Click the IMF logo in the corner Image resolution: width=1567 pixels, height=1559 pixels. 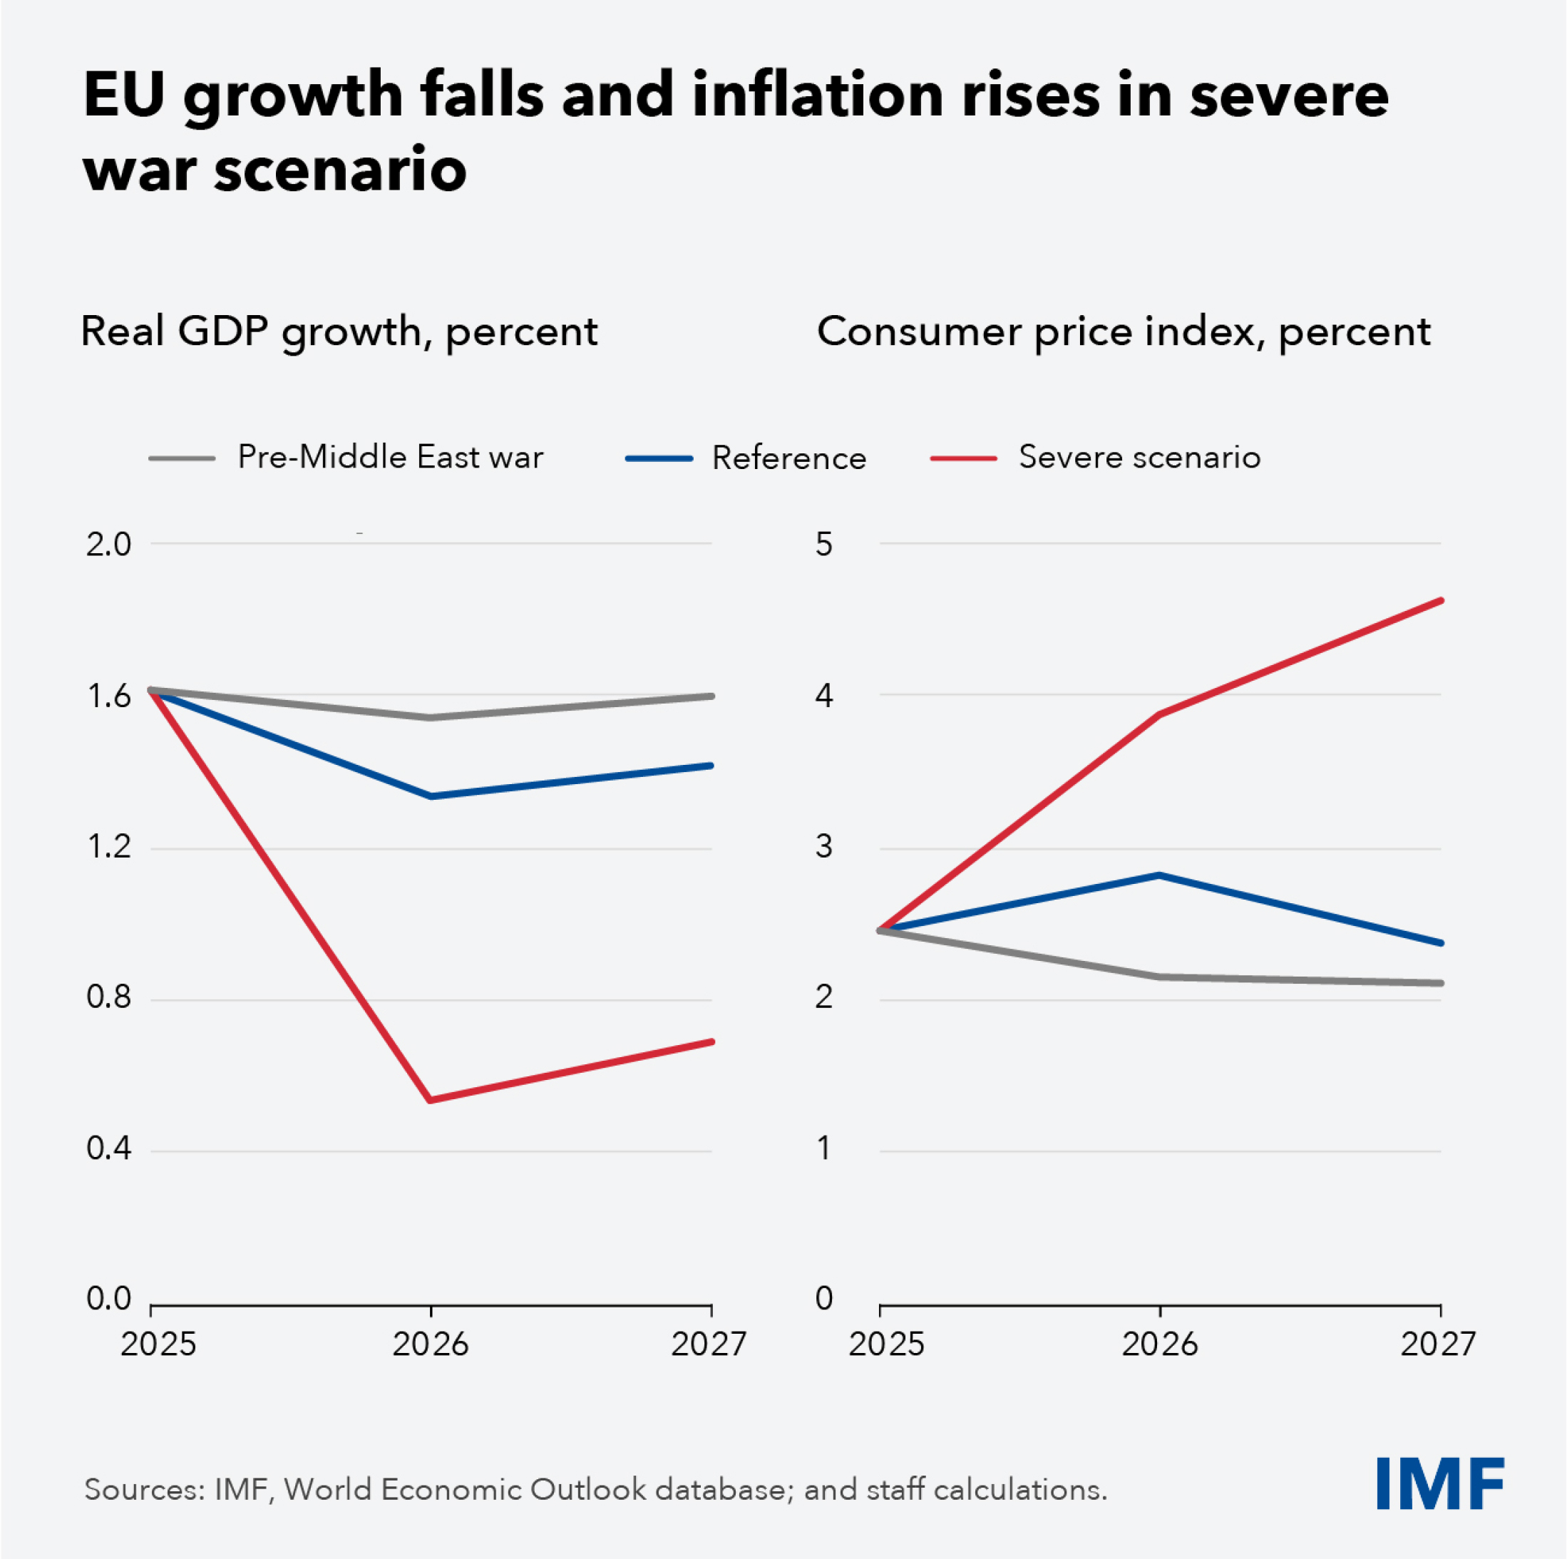coord(1439,1483)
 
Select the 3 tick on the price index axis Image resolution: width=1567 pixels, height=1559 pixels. coord(824,846)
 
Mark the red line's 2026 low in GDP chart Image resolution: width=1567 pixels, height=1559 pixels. coord(430,1100)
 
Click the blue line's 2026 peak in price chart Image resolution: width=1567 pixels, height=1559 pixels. coord(1160,875)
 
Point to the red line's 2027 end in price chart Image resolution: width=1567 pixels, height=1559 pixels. coord(1441,601)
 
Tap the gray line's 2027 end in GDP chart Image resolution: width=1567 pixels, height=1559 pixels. coord(711,696)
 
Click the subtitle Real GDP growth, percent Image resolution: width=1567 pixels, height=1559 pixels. coord(339,331)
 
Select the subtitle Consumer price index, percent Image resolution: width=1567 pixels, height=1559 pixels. coord(1124,331)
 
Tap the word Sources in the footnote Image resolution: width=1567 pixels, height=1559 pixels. coord(143,1490)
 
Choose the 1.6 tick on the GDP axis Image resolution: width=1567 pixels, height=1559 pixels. coord(108,696)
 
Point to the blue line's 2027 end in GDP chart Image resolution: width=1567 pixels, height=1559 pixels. coord(711,766)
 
